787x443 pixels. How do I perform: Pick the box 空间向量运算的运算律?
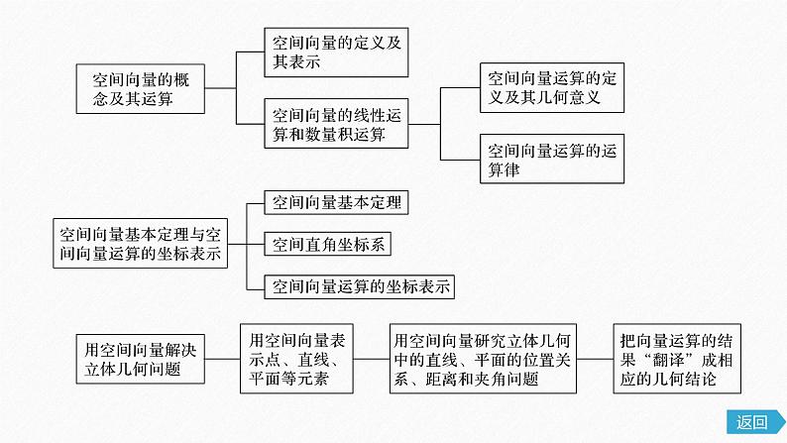pos(552,159)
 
